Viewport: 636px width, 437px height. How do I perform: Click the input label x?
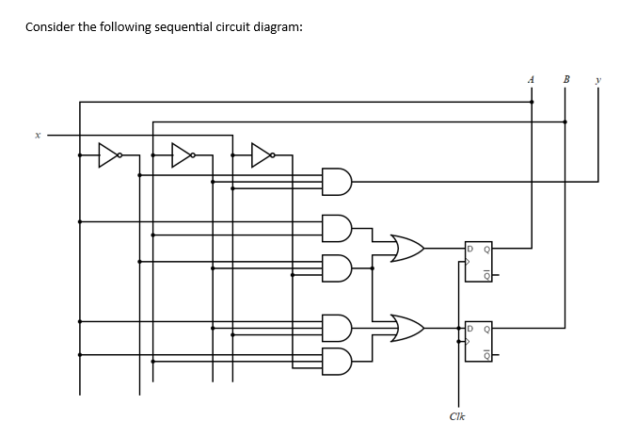point(39,136)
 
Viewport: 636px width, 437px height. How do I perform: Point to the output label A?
point(532,80)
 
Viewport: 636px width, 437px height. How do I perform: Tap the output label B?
point(566,80)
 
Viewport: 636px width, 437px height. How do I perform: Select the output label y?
point(598,80)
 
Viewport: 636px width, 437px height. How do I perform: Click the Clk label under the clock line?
point(457,415)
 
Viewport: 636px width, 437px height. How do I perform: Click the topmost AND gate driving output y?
point(336,180)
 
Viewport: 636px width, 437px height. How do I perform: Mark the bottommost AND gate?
point(336,360)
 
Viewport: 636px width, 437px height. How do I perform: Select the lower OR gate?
point(405,329)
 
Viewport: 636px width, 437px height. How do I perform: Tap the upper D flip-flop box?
point(477,262)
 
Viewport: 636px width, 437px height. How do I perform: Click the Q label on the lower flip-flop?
point(485,330)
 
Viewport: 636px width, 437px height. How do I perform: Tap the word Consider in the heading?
point(49,26)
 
